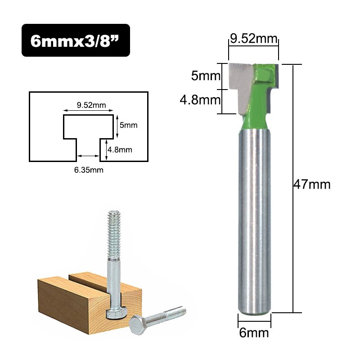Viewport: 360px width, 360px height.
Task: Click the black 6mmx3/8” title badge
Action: [76, 40]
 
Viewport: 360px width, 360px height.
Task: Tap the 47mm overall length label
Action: [312, 184]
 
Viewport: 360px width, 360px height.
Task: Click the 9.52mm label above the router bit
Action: [253, 39]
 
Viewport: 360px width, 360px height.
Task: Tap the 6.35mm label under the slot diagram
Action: [89, 170]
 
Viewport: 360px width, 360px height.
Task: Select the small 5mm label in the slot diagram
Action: [128, 126]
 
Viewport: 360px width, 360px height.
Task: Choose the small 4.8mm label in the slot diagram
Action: [120, 149]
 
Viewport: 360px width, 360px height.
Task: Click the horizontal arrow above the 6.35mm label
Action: [88, 156]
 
